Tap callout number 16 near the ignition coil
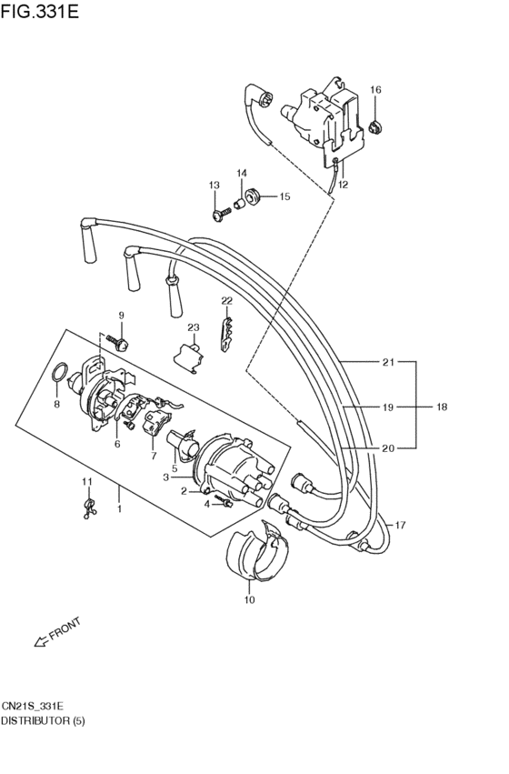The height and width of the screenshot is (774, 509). tap(375, 89)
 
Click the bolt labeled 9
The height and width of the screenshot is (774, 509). tap(120, 342)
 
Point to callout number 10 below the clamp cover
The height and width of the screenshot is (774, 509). tap(250, 599)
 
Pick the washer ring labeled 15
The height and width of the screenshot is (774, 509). tap(255, 195)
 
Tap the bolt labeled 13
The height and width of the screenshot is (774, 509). tap(219, 215)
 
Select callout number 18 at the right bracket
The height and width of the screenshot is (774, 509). tap(443, 407)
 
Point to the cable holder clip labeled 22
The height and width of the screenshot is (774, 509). tap(227, 329)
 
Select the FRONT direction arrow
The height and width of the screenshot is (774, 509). tap(56, 634)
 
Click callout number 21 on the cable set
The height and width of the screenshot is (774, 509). tap(388, 362)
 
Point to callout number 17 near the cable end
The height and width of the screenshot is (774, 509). tap(400, 525)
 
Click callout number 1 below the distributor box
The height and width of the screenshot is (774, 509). tap(118, 509)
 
